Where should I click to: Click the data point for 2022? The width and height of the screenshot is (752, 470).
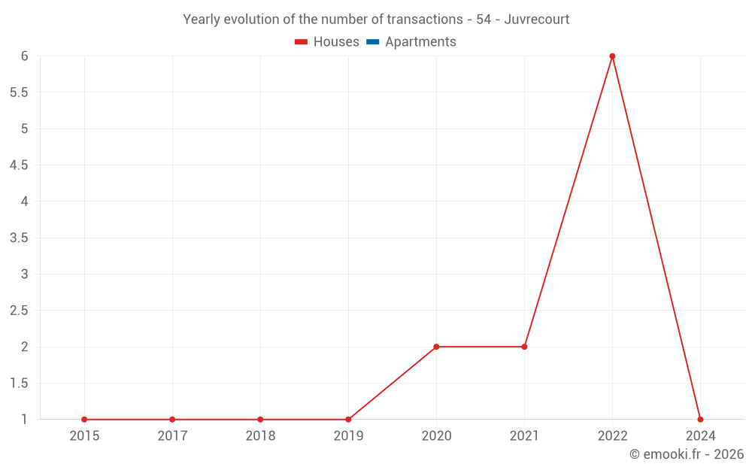click(612, 56)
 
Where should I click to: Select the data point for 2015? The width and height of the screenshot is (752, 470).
click(84, 420)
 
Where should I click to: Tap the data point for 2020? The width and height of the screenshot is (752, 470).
click(436, 347)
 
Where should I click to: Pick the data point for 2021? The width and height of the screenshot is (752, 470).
click(524, 347)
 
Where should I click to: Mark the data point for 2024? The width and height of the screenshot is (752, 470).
click(700, 420)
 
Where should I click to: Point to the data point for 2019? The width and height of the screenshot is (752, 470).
click(348, 420)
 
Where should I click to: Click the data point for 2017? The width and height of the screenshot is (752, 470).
click(172, 420)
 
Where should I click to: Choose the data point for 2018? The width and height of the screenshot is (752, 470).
click(260, 420)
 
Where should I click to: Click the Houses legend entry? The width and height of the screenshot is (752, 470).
click(327, 42)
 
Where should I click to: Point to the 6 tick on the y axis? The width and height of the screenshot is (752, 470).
click(25, 56)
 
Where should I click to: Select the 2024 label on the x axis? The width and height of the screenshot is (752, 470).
click(700, 436)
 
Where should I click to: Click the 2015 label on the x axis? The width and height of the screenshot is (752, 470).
click(84, 436)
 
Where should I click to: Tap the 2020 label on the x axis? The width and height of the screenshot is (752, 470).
click(436, 436)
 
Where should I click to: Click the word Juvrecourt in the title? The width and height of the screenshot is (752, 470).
click(536, 20)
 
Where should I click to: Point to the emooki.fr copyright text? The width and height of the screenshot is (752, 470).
click(687, 454)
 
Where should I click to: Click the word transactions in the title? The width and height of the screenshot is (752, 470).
click(421, 20)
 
